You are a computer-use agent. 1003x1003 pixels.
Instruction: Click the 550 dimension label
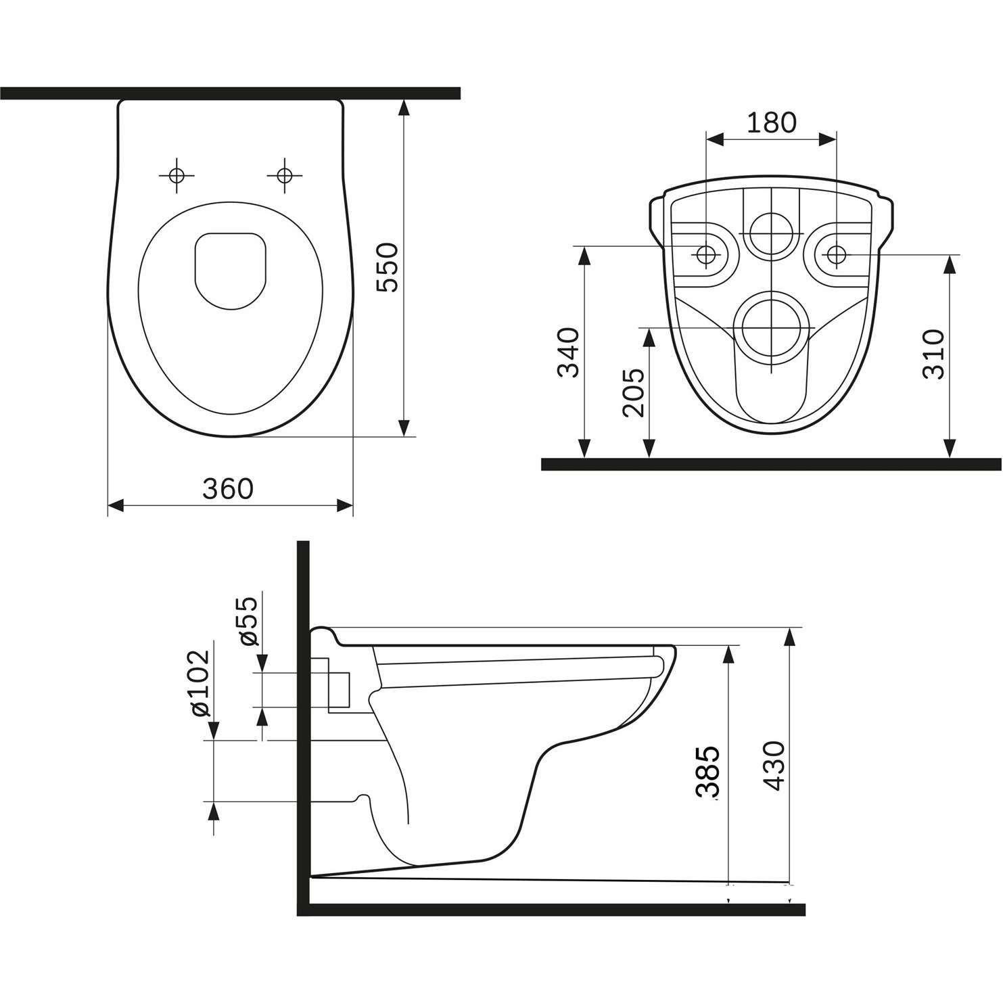388,267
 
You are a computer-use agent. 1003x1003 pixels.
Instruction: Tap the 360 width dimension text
228,488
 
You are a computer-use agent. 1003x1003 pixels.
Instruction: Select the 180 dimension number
772,122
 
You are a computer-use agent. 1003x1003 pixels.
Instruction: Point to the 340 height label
568,352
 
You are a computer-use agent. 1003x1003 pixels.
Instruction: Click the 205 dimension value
634,393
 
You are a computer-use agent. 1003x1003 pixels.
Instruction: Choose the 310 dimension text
933,354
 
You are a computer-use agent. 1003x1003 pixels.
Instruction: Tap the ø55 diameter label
247,621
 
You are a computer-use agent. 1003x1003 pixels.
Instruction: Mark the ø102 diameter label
199,684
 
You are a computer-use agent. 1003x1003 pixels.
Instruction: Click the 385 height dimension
707,773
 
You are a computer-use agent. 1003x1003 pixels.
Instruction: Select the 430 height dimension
774,766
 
